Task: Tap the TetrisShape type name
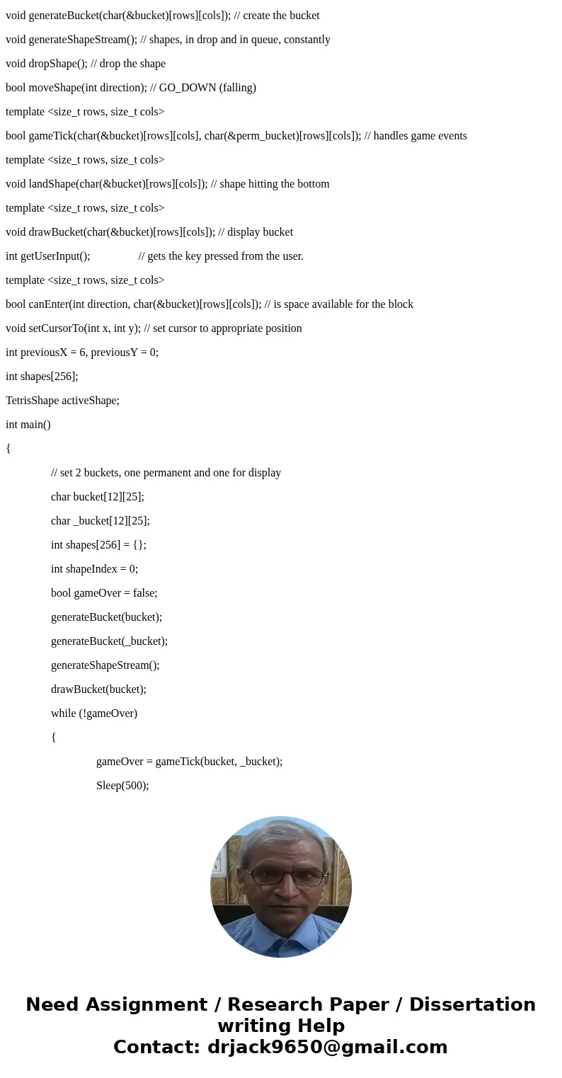coord(32,401)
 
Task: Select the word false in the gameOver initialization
coord(144,593)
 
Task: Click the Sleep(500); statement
coord(122,786)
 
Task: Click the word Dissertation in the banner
coord(472,1005)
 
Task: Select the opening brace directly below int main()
coord(8,449)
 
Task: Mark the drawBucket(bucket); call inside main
coord(98,689)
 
